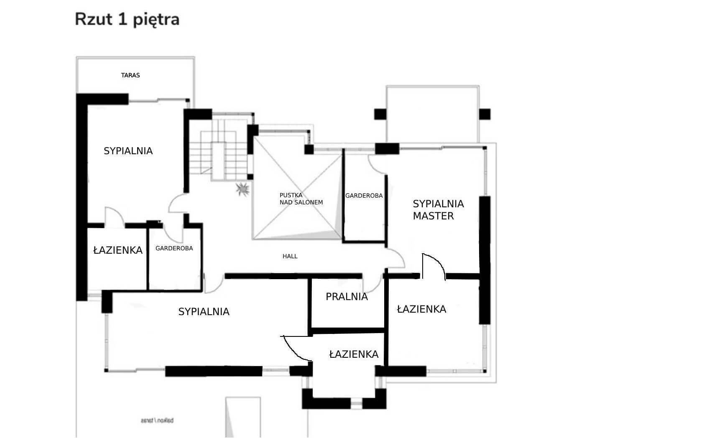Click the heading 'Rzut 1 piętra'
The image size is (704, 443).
click(x=127, y=19)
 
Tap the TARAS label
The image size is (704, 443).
click(x=130, y=75)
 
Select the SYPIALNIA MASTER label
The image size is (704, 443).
click(x=438, y=210)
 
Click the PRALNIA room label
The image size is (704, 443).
click(x=347, y=297)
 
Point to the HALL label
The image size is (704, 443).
click(x=290, y=256)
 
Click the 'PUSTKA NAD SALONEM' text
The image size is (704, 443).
click(x=301, y=199)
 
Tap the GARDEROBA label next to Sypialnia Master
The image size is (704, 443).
click(x=364, y=196)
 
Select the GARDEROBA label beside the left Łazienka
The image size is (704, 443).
click(x=174, y=248)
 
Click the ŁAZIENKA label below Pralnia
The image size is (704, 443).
click(x=354, y=354)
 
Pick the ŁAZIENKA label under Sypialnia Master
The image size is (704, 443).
click(x=421, y=309)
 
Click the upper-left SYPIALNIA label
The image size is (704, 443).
click(x=128, y=151)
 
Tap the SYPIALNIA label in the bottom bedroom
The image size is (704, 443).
click(x=204, y=312)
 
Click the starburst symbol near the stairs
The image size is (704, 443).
click(x=242, y=189)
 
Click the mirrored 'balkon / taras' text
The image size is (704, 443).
click(x=157, y=420)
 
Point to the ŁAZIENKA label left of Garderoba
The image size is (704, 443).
click(x=117, y=250)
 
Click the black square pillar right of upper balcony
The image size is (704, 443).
click(x=485, y=114)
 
